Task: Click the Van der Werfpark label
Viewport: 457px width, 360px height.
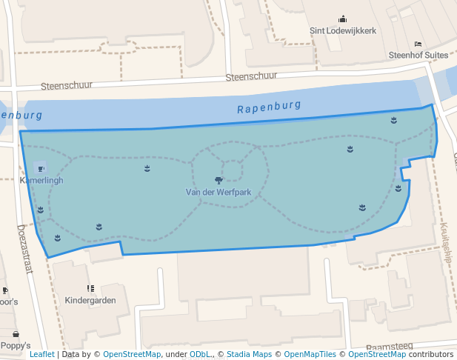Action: [x=219, y=193]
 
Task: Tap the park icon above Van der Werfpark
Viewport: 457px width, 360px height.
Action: [x=219, y=180]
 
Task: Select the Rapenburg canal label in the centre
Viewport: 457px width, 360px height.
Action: [x=269, y=107]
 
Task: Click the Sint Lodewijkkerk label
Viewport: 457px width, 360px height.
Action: [x=342, y=32]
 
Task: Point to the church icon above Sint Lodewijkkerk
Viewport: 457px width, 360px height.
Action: [x=342, y=19]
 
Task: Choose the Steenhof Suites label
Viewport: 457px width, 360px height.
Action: [x=418, y=56]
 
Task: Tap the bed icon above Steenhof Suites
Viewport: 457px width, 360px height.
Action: [x=418, y=44]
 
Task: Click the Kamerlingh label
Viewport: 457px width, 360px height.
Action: [x=41, y=181]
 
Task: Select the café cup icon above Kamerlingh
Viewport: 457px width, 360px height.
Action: [x=40, y=170]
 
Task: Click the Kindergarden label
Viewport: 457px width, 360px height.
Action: [x=90, y=301]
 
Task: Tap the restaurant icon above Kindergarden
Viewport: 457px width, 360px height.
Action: [x=90, y=288]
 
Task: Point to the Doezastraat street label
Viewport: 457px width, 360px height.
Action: [x=24, y=250]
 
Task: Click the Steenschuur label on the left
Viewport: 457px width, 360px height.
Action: [x=66, y=86]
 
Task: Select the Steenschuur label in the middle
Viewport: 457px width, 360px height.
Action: [x=251, y=76]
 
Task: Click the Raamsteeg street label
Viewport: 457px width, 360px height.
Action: [x=388, y=346]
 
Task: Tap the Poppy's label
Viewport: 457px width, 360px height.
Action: [x=16, y=346]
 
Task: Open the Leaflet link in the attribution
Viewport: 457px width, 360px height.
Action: [x=41, y=355]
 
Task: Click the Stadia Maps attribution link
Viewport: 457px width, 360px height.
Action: [x=249, y=355]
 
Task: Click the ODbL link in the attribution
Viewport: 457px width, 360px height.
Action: [x=199, y=355]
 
